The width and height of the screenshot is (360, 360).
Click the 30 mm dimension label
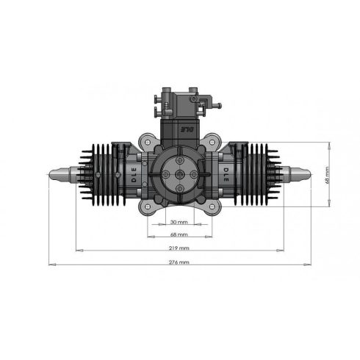coord(179,221)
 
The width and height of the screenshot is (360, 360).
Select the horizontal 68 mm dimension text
coord(179,235)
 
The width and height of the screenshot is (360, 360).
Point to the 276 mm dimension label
coord(179,262)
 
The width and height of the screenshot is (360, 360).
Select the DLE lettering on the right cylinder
coord(226,176)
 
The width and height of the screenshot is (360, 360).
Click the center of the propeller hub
coord(179,174)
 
